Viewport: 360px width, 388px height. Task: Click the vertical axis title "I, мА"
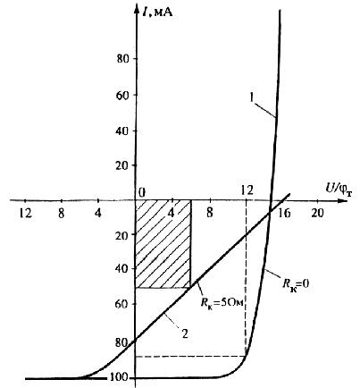pos(157,13)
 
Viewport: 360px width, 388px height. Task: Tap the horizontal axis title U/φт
pos(338,190)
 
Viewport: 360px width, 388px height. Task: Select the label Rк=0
pos(296,283)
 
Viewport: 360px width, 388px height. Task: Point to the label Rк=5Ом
pos(222,302)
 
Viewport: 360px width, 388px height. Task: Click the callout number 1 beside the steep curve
pos(252,97)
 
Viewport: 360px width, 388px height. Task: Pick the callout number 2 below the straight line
pos(185,333)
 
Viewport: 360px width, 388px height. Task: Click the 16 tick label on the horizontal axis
pos(285,214)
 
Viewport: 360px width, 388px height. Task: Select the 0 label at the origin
pos(142,193)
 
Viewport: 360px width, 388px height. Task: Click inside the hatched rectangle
pos(163,244)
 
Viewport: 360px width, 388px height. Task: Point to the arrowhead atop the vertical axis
pos(136,9)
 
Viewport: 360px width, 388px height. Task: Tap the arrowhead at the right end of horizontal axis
pos(343,200)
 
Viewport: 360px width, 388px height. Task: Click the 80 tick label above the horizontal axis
pos(122,59)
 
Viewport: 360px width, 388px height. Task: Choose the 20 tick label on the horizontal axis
pos(317,214)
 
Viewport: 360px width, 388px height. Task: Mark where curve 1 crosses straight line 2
pos(270,212)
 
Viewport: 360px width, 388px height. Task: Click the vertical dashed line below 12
pos(246,278)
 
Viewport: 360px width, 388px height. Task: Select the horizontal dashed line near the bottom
pos(190,357)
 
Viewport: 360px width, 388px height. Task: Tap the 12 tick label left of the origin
pos(25,214)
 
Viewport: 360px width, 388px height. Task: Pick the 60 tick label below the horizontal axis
pos(122,304)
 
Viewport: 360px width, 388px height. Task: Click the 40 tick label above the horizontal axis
pos(122,131)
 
